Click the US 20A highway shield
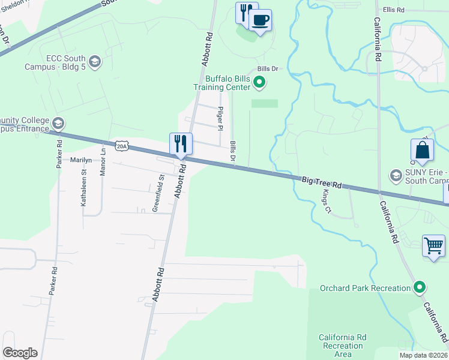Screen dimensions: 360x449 click(122, 145)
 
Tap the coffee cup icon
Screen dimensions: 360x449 click(260, 20)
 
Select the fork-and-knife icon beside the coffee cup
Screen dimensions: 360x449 click(246, 13)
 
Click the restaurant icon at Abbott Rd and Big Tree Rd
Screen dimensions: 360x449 click(181, 143)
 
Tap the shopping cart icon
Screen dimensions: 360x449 click(433, 245)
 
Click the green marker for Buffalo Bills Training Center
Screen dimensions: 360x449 click(259, 82)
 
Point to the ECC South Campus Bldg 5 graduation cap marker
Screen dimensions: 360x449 click(95, 61)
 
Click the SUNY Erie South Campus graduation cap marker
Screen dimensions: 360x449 click(396, 176)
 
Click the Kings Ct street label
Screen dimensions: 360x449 click(327, 201)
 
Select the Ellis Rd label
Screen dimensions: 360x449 click(394, 10)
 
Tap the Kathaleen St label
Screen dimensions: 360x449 click(84, 188)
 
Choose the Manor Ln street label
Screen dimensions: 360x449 click(103, 161)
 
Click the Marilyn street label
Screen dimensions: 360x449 click(80, 160)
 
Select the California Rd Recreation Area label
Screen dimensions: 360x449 click(342, 346)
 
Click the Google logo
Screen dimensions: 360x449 click(20, 353)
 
